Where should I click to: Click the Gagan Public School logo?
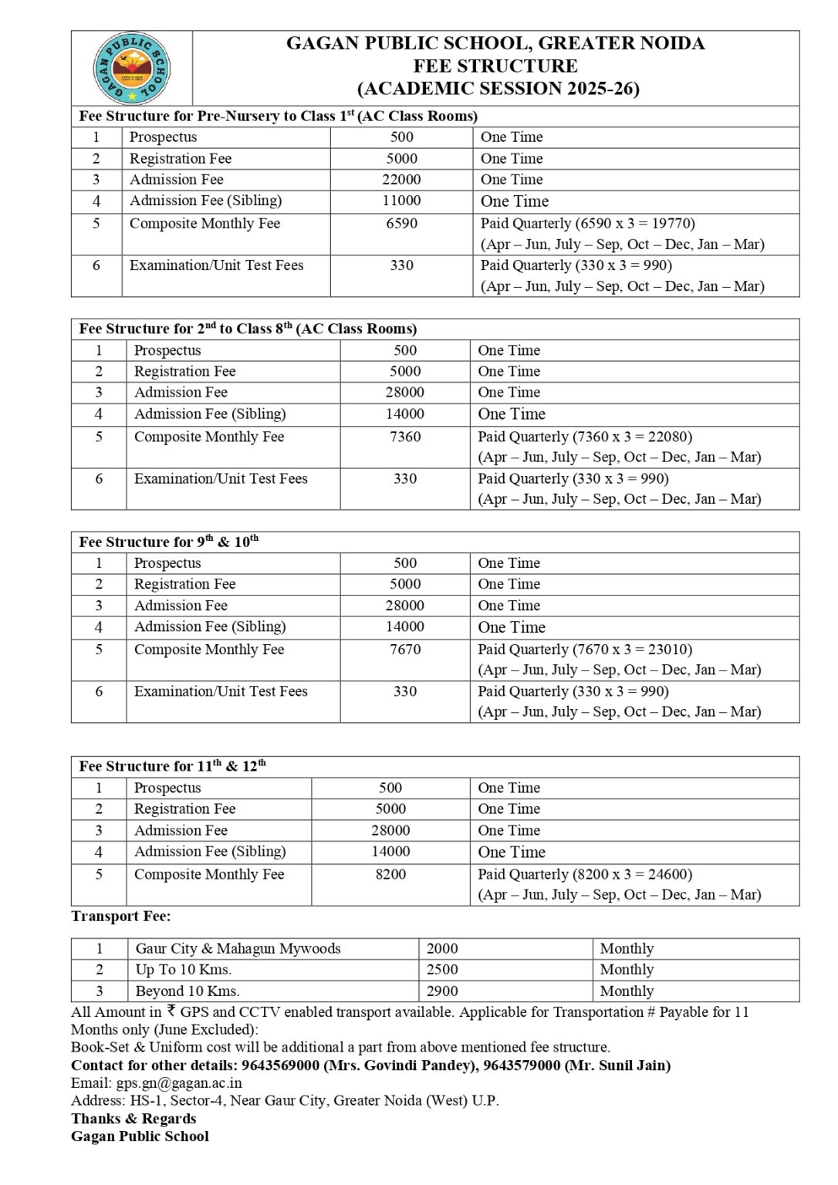point(132,68)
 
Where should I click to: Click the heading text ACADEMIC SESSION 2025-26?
point(498,89)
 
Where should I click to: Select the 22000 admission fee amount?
point(401,180)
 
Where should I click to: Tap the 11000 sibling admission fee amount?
point(401,201)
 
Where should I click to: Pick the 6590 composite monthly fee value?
point(401,224)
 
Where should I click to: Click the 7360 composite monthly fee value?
point(405,437)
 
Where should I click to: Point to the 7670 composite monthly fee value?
point(405,650)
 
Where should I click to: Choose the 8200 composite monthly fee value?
point(390,875)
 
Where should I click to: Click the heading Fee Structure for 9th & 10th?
point(168,542)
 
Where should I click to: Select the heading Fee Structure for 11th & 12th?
point(172,767)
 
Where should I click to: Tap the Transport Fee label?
point(121,917)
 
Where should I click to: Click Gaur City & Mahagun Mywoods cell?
point(238,949)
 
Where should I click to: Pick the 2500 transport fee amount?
point(442,970)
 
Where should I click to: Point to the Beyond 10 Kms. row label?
point(188,991)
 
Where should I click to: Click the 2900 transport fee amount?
point(442,991)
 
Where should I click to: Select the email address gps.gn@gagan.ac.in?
point(179,1083)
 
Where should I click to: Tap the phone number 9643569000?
point(280,1065)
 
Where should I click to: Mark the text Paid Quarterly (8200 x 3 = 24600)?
point(585,875)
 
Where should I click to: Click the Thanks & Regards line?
point(133,1119)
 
